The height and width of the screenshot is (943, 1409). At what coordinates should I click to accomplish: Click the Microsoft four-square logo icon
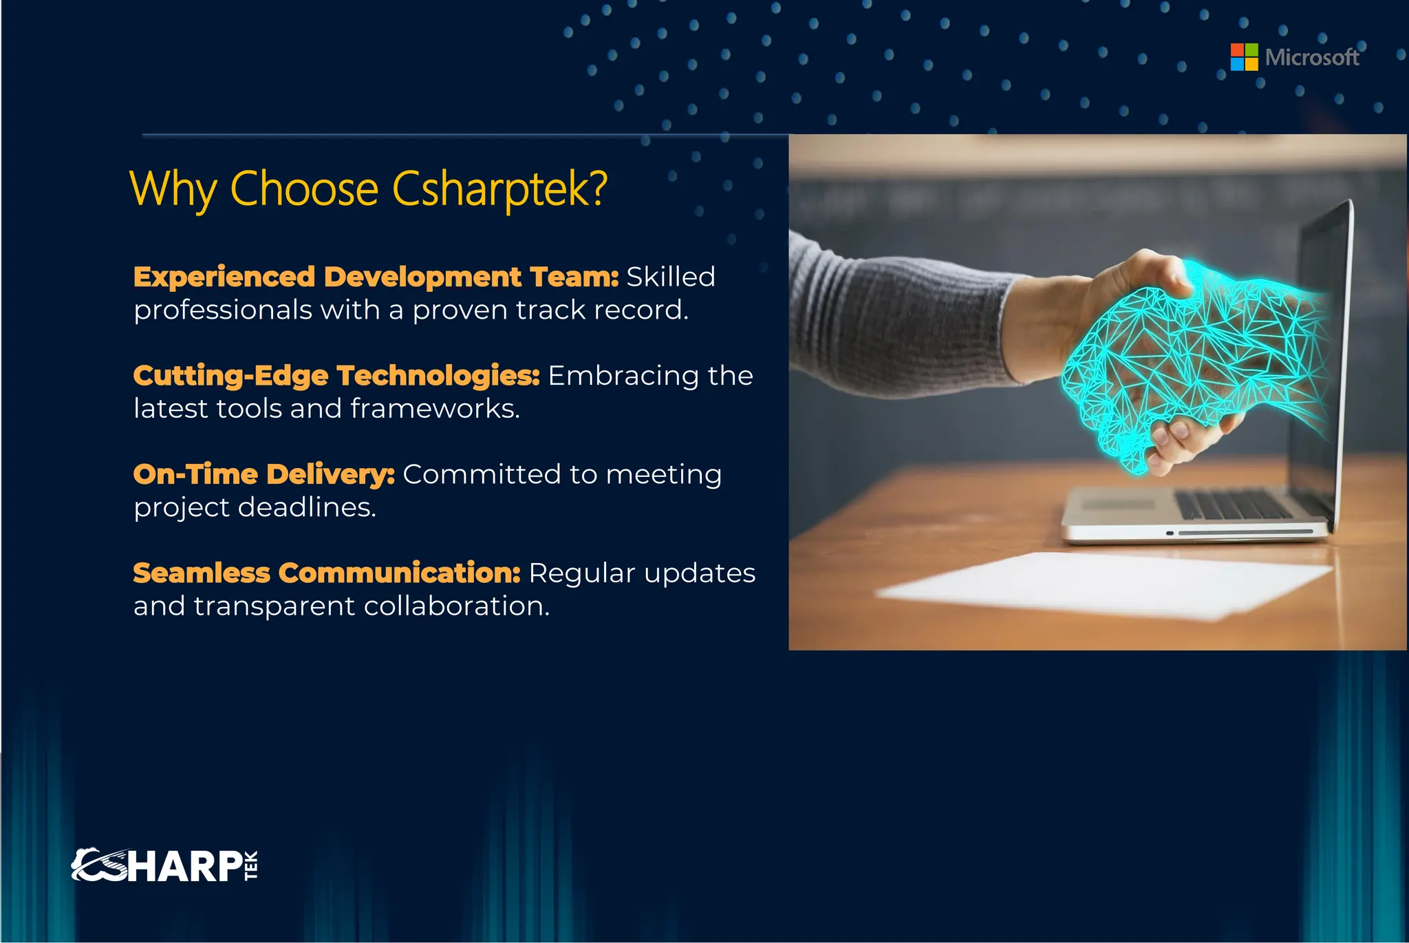point(1244,57)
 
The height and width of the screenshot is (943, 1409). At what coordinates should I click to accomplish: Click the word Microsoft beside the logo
point(1311,57)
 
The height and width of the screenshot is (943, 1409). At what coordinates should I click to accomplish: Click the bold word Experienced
point(224,277)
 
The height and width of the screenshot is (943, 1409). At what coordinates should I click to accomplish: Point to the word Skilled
point(671,277)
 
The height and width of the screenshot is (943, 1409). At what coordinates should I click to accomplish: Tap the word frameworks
point(434,409)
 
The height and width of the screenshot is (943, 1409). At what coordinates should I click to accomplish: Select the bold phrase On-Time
point(195,474)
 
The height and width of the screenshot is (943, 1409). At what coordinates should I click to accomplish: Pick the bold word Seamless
point(202,573)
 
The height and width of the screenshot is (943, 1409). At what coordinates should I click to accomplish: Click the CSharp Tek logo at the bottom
point(165,866)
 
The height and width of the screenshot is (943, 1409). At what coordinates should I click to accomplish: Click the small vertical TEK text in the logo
point(251,866)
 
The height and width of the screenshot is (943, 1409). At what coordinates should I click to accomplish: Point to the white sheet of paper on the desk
point(1101,585)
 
